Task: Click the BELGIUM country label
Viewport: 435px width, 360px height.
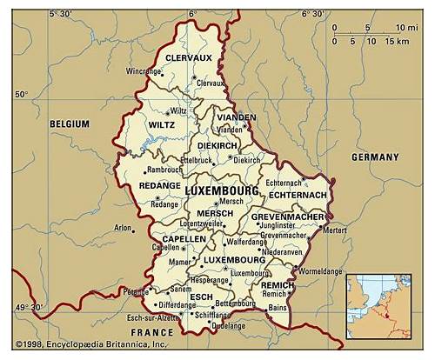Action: tap(69, 124)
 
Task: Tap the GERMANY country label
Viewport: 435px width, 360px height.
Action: tap(375, 157)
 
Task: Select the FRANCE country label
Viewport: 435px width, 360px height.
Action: tap(152, 333)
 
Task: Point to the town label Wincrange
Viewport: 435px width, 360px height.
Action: tap(143, 70)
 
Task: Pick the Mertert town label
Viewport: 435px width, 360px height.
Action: tap(334, 230)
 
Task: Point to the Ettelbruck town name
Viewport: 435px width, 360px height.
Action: tap(196, 161)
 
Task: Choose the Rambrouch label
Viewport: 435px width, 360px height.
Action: tap(164, 170)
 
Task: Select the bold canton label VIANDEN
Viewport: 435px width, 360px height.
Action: tap(237, 117)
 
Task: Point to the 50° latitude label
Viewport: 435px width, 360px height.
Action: tap(21, 94)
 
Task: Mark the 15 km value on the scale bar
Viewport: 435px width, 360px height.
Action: tap(396, 41)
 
